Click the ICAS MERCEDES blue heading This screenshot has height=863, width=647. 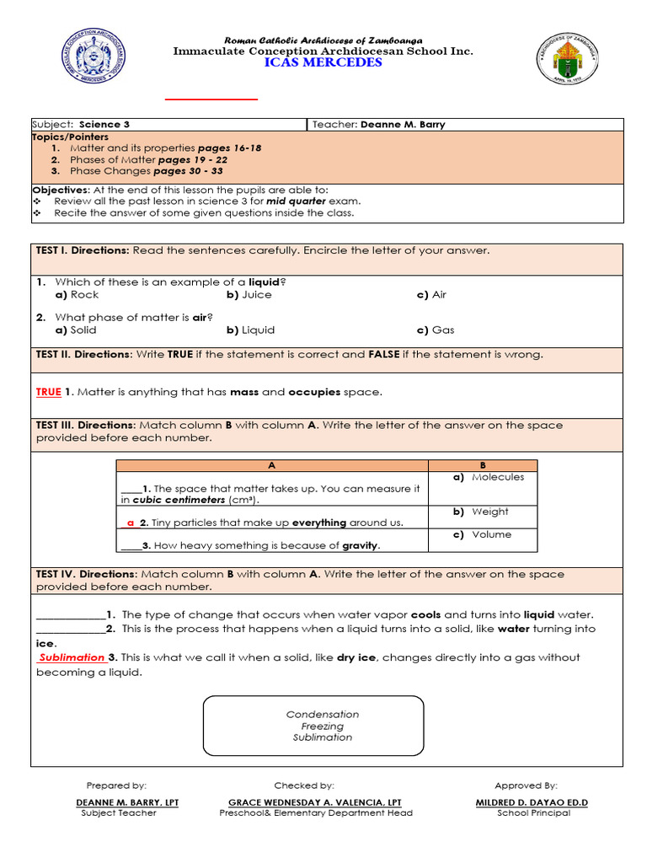coord(323,63)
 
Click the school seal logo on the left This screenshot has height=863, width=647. coord(94,57)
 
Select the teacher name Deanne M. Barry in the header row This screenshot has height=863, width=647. coord(403,125)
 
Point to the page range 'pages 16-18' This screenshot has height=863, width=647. coord(229,148)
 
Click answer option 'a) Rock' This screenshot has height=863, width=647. coord(77,295)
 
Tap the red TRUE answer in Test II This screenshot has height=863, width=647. coord(49,392)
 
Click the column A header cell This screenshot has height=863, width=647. coord(271,465)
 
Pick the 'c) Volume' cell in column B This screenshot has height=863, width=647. coord(482,534)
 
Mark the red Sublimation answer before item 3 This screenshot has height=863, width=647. coord(72,657)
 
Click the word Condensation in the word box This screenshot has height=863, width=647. coord(323,715)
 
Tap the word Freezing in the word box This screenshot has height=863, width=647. coord(323,726)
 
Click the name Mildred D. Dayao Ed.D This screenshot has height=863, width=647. coord(532,802)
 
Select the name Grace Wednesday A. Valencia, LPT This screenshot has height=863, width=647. coord(315,802)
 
